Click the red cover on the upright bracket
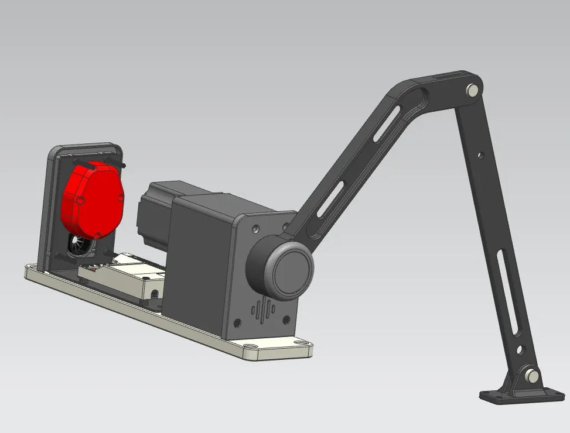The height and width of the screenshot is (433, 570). [x=93, y=199]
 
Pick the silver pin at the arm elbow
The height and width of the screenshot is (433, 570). [x=472, y=90]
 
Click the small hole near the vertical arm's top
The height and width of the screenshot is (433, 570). [x=480, y=155]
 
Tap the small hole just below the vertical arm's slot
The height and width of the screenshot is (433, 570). [x=519, y=350]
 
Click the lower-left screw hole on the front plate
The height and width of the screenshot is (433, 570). [x=237, y=322]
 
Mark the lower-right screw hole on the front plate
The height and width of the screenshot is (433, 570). [x=286, y=319]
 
